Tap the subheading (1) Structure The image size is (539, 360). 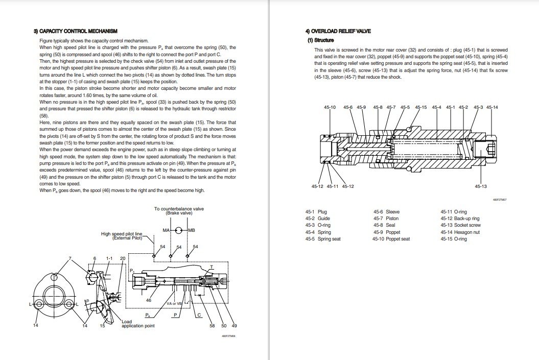tap(320, 40)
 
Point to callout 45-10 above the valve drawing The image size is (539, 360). tap(330, 107)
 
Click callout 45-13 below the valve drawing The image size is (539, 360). tap(480, 186)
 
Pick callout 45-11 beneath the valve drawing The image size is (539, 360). tap(332, 186)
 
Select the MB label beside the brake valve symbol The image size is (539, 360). tap(192, 230)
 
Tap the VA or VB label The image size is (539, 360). tap(174, 303)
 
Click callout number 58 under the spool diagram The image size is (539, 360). tap(212, 326)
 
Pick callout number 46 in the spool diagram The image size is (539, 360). tap(149, 300)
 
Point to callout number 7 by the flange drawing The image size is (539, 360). tap(71, 258)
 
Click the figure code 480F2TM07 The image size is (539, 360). tap(499, 200)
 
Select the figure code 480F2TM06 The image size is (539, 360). tap(228, 337)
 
